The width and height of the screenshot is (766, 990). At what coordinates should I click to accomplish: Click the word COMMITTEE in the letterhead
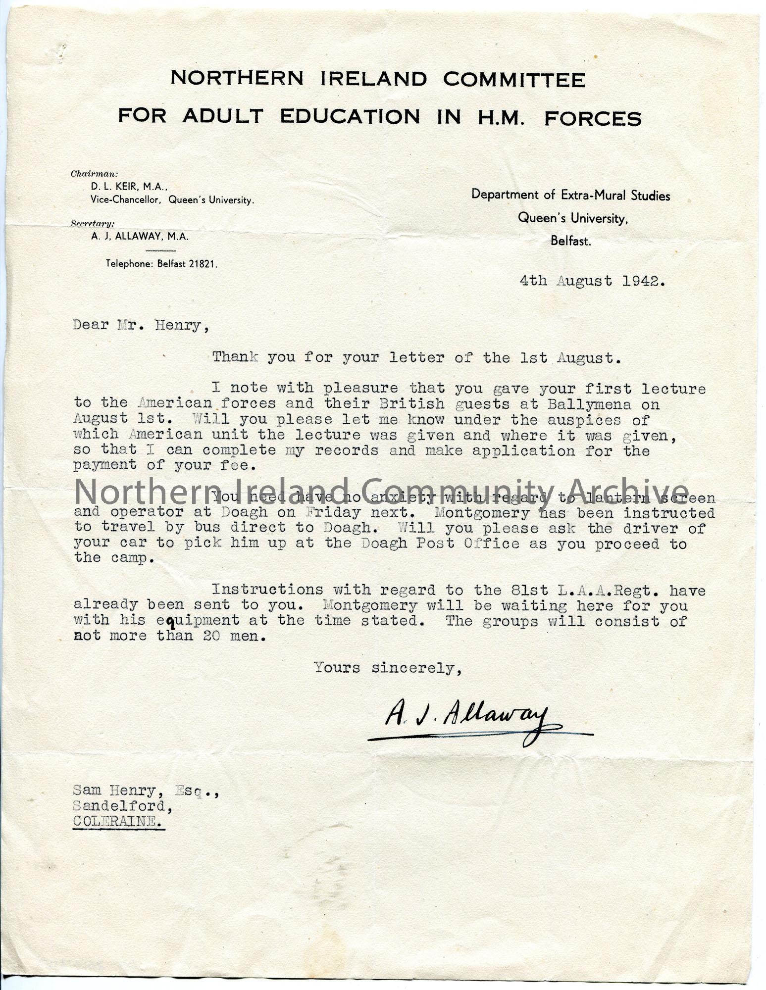[x=513, y=79]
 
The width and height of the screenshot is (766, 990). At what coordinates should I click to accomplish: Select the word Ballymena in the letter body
[x=589, y=404]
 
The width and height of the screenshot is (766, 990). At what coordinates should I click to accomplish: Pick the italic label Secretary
[x=93, y=223]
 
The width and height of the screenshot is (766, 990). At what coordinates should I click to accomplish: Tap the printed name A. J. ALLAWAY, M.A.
[x=139, y=237]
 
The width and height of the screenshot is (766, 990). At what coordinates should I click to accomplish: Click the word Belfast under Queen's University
[x=570, y=242]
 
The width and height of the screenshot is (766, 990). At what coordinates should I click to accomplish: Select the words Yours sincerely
[x=388, y=668]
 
